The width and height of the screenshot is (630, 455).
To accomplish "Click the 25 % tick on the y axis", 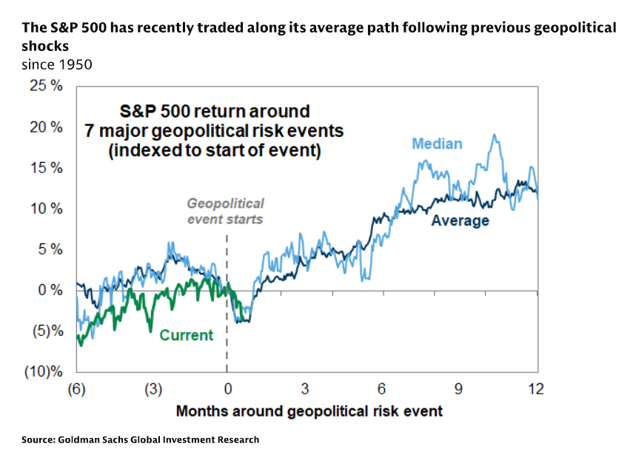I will pos(46,86).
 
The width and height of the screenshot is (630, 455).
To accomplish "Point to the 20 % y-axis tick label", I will pos(46,127).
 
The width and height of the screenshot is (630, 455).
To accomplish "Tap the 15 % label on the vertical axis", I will pos(46,167).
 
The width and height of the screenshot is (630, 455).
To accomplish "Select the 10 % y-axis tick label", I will pos(46,208).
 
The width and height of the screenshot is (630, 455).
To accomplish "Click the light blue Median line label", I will pos(437,144).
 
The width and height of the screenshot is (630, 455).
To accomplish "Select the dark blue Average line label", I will pos(460,220).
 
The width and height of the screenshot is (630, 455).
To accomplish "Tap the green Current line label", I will pos(186,335).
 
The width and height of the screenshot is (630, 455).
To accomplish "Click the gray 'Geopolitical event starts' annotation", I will pos(225,211).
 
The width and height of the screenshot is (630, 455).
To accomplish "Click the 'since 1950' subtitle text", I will pos(56,64).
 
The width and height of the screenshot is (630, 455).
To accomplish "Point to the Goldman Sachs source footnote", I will pos(141,439).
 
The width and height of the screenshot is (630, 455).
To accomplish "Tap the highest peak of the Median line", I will pos(494,135).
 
